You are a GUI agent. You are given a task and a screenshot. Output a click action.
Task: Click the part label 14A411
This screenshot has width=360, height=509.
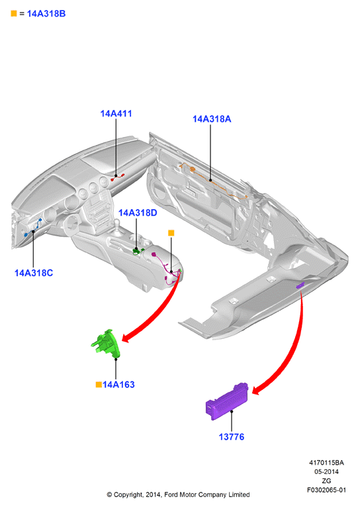click(116, 114)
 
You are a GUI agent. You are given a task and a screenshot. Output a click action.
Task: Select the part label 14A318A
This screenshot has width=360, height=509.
click(212, 119)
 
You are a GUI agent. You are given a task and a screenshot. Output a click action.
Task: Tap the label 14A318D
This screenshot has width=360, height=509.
click(138, 213)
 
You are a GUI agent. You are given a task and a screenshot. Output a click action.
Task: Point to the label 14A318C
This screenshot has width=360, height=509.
click(34, 273)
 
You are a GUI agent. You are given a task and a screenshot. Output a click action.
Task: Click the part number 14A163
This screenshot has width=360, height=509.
click(118, 385)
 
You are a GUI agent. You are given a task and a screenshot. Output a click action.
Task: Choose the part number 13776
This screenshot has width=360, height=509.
click(232, 437)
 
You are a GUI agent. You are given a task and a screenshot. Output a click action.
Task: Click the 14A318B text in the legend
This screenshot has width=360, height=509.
click(46, 14)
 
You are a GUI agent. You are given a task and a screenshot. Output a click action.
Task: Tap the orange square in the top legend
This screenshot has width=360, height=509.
click(14, 13)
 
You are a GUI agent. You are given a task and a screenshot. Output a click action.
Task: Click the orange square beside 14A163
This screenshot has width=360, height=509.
click(99, 385)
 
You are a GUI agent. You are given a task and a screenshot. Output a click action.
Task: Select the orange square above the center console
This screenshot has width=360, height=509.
click(171, 233)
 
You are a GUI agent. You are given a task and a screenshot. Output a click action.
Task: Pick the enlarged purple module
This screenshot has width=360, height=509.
click(227, 402)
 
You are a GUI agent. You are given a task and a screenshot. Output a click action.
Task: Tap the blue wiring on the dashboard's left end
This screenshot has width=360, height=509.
click(34, 227)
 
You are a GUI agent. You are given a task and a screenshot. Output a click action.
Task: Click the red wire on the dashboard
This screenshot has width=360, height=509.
click(118, 177)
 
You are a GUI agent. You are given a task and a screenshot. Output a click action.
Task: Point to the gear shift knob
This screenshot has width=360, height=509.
click(116, 222)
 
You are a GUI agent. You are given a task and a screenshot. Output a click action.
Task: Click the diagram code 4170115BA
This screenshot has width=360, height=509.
click(326, 463)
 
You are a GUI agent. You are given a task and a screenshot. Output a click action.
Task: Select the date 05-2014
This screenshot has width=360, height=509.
click(326, 472)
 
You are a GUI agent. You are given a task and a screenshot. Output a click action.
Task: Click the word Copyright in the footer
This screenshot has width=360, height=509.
click(128, 494)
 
